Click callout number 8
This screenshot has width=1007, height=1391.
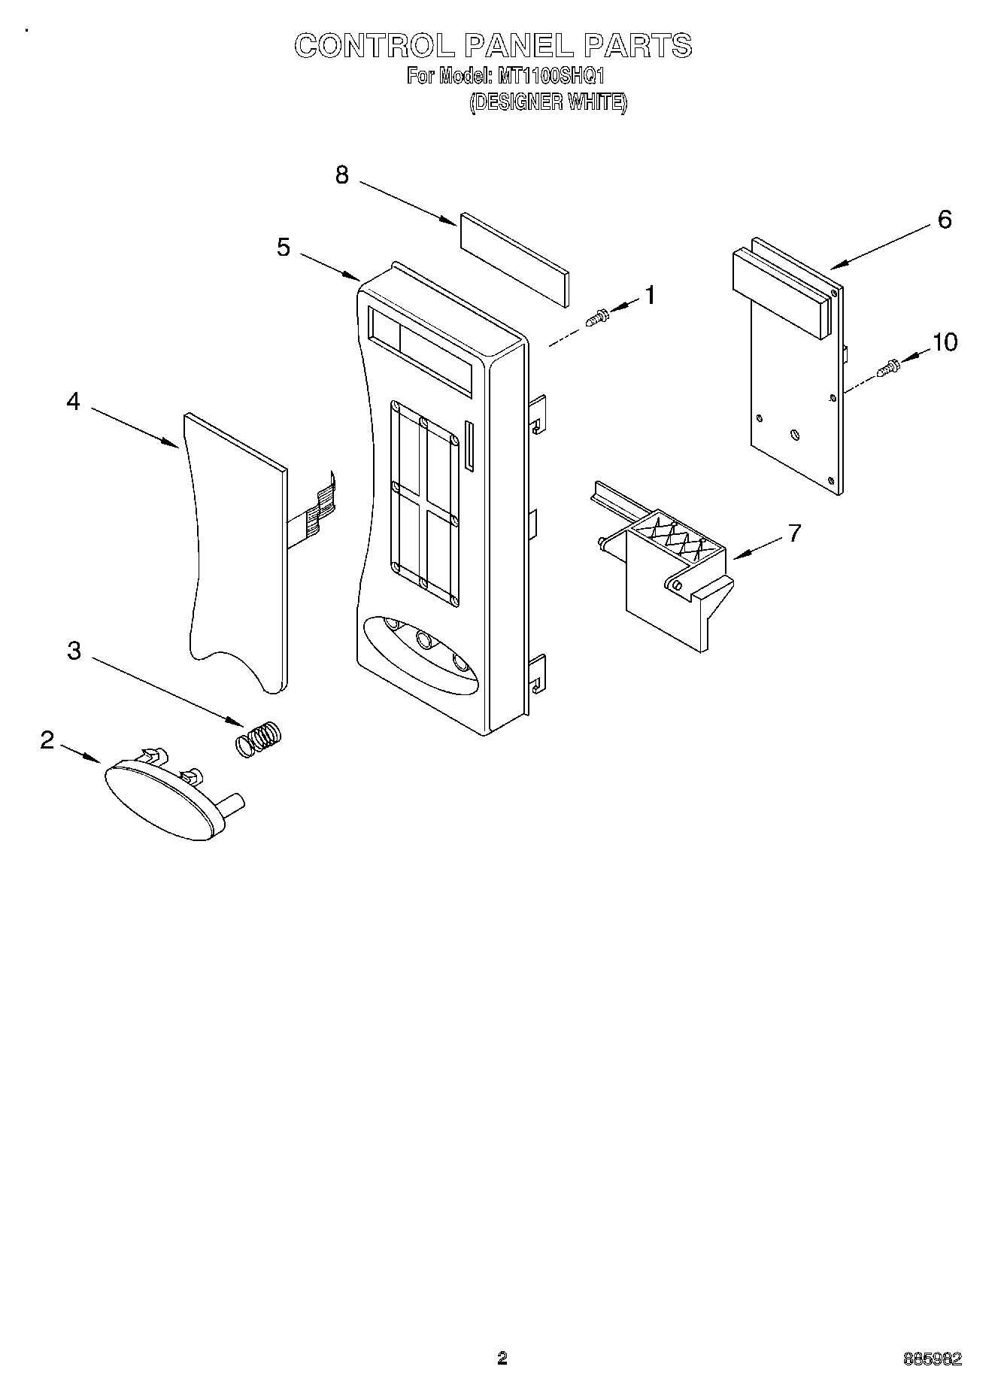342,175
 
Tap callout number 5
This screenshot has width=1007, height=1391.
283,247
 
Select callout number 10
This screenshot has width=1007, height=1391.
945,342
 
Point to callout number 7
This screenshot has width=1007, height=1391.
794,533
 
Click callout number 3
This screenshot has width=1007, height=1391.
74,650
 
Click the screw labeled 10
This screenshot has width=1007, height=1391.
890,369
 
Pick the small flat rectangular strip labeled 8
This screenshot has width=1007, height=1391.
514,260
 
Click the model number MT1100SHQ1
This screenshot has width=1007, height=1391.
547,76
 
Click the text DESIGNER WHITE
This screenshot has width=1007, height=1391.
547,102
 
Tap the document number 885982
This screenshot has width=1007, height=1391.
933,1359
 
